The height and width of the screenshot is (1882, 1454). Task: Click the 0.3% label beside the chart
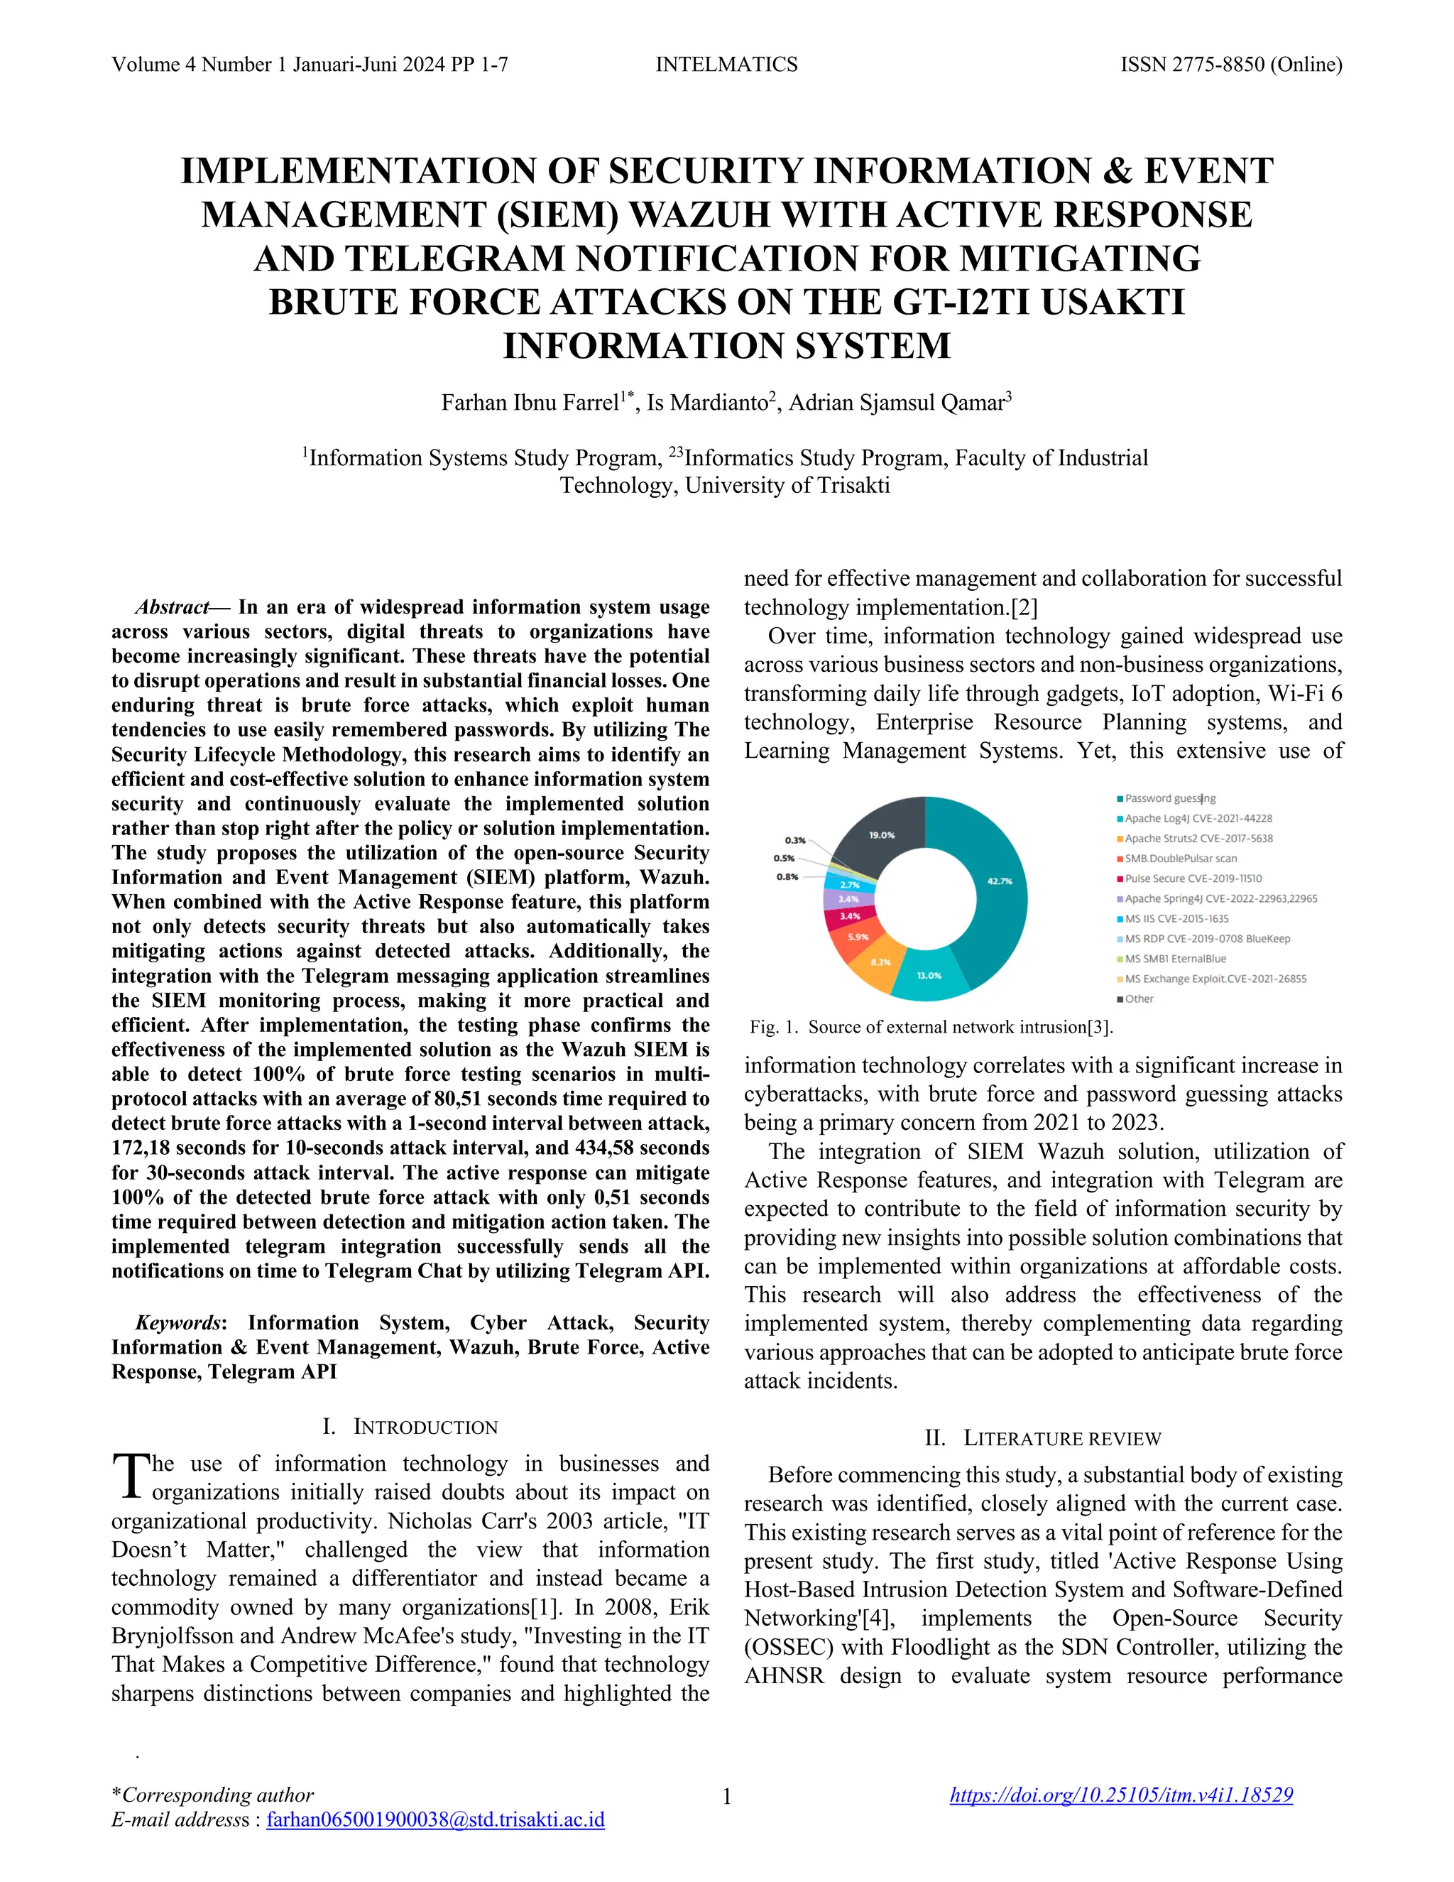click(795, 840)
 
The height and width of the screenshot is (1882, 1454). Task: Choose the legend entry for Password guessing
click(1170, 799)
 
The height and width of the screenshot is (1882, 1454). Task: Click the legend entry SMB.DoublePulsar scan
click(1180, 859)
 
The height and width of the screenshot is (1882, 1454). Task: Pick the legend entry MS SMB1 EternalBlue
click(1175, 958)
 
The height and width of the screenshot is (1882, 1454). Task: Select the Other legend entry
click(1139, 999)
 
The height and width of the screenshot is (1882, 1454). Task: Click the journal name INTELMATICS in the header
click(726, 65)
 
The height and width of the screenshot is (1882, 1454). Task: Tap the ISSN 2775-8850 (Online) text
click(1230, 65)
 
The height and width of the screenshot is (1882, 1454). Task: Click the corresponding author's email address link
click(435, 1819)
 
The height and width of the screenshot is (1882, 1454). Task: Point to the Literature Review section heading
click(1042, 1438)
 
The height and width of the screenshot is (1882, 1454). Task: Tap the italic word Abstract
click(173, 607)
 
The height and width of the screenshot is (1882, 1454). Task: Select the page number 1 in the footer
click(726, 1797)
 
